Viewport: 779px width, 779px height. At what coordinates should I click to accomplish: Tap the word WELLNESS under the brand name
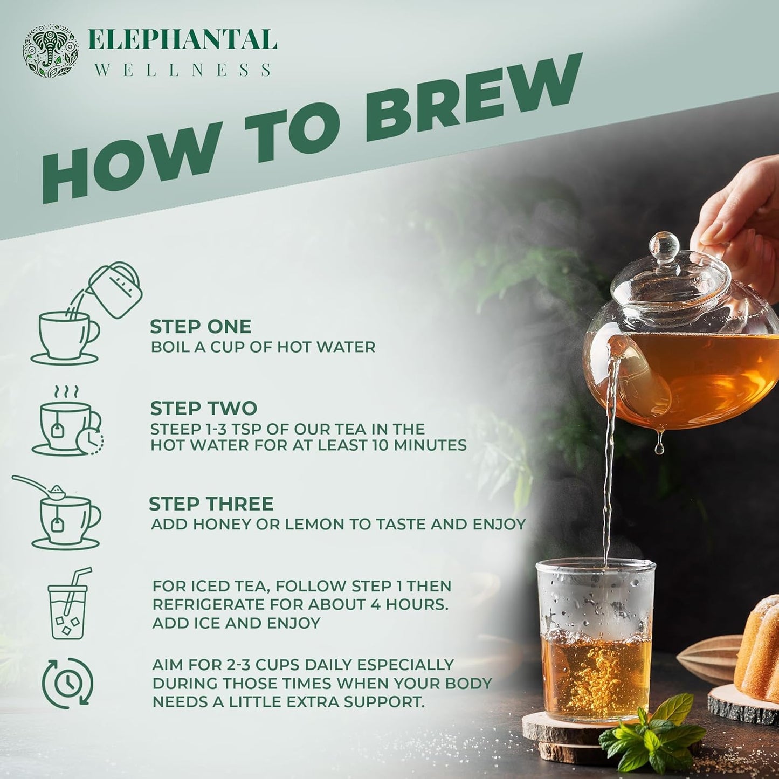[182, 70]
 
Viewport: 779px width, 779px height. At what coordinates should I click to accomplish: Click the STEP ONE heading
[201, 327]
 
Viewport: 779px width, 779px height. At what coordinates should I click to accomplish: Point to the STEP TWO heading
[203, 409]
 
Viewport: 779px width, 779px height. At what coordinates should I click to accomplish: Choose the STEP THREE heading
[211, 504]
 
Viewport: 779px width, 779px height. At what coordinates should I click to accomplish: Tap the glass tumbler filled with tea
[596, 642]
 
